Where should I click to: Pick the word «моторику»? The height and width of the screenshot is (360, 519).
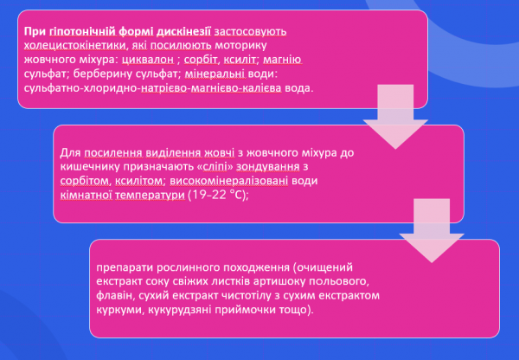tap(240, 46)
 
